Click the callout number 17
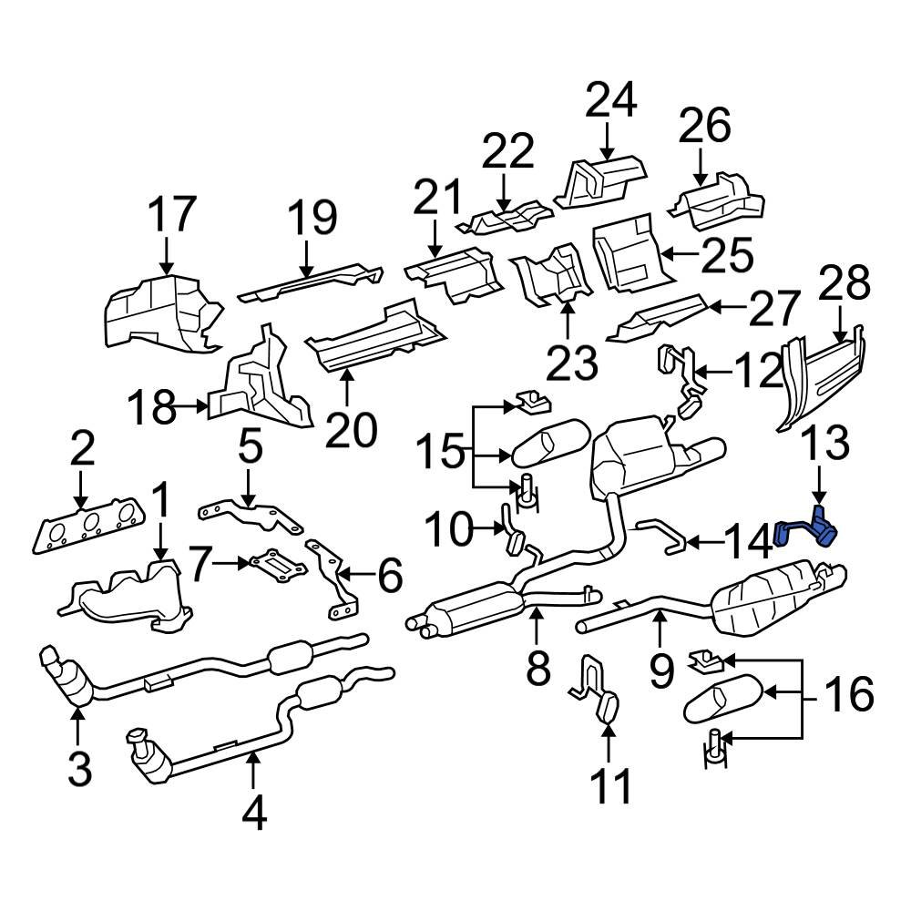pos(171,215)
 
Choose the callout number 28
pos(844,284)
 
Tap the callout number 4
pos(254,812)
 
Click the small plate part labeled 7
pos(277,566)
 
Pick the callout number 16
pos(847,695)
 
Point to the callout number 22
pos(507,151)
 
